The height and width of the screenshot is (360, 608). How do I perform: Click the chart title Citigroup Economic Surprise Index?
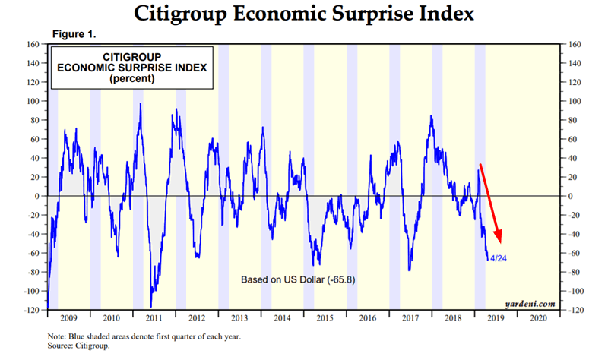point(303,13)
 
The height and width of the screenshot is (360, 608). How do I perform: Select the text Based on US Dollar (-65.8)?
point(298,279)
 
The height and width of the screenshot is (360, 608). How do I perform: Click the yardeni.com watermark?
point(529,304)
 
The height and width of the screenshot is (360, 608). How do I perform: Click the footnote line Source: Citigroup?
point(78,345)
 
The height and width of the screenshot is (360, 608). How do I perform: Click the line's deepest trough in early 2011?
point(151,306)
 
